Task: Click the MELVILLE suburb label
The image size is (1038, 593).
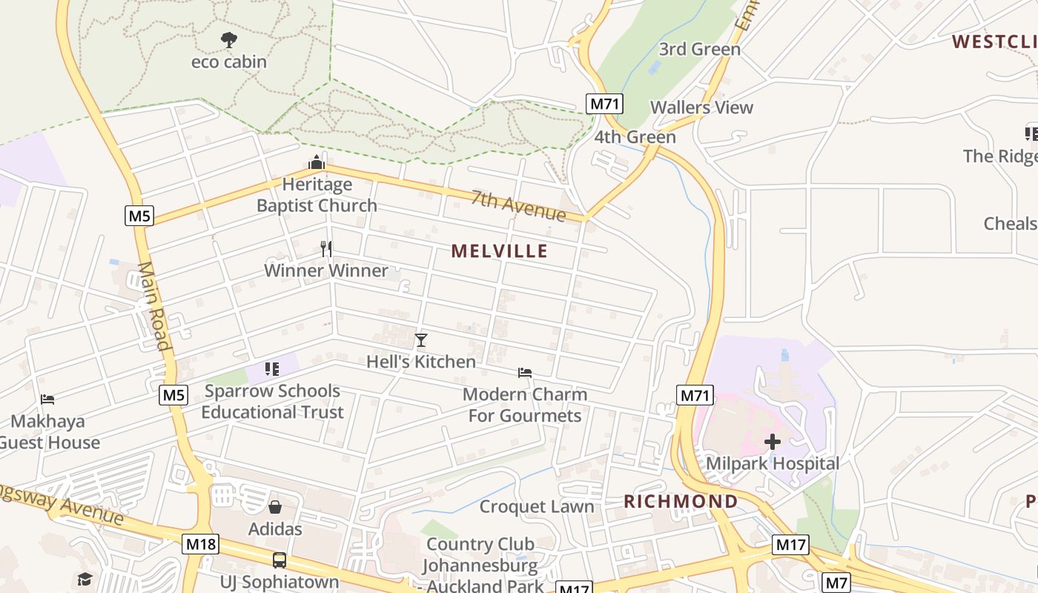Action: pyautogui.click(x=500, y=251)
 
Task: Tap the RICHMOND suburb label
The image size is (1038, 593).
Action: pyautogui.click(x=681, y=502)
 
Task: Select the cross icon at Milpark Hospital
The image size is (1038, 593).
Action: pyautogui.click(x=773, y=443)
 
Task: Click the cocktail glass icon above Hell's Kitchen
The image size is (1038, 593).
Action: pyautogui.click(x=421, y=340)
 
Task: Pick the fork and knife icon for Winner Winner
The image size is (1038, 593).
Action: pyautogui.click(x=326, y=248)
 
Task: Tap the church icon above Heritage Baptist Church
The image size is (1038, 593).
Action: pyautogui.click(x=317, y=162)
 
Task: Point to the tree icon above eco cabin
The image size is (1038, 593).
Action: pyautogui.click(x=229, y=40)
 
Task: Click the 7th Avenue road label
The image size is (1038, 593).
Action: pyautogui.click(x=519, y=205)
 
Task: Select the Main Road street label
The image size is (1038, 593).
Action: pyautogui.click(x=154, y=305)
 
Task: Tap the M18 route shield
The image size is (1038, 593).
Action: pyautogui.click(x=200, y=544)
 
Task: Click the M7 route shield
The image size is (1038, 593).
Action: pyautogui.click(x=836, y=583)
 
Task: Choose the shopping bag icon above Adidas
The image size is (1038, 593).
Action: pyautogui.click(x=275, y=507)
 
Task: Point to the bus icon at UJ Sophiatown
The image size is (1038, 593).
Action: pyautogui.click(x=280, y=560)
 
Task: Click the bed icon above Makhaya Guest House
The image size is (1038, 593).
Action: pyautogui.click(x=47, y=400)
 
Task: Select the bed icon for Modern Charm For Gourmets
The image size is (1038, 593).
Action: pyautogui.click(x=525, y=372)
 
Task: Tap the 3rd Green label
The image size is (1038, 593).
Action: pyautogui.click(x=700, y=50)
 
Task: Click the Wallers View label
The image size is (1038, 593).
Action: pyautogui.click(x=701, y=107)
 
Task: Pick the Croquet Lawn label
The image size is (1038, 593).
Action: pyautogui.click(x=537, y=507)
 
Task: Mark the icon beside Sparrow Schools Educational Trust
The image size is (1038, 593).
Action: pyautogui.click(x=272, y=368)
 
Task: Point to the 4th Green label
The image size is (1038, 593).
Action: pyautogui.click(x=635, y=137)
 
